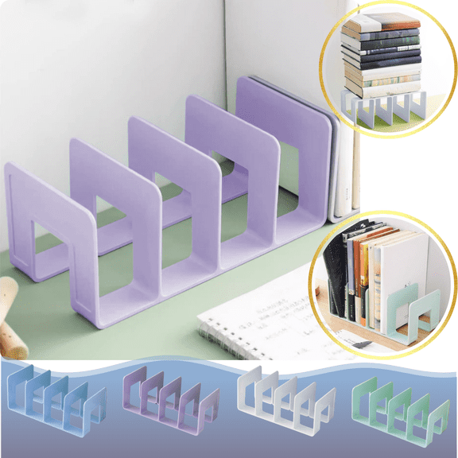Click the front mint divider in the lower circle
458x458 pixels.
coord(417,314)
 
